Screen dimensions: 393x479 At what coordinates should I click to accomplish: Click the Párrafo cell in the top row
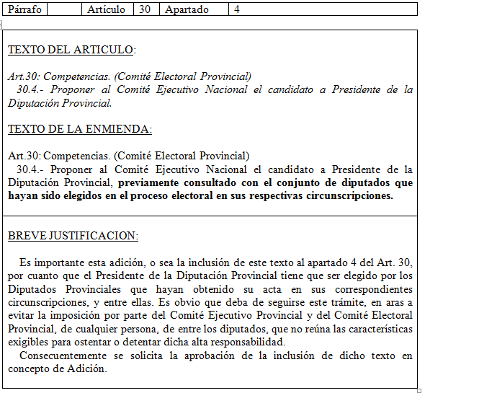[x=24, y=9]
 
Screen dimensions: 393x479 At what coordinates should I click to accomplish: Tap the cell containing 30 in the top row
[x=145, y=9]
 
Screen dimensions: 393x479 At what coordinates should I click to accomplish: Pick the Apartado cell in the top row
[x=187, y=9]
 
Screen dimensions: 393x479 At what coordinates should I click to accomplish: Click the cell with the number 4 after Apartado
[x=237, y=9]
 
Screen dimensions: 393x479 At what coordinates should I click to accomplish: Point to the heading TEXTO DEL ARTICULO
[x=71, y=50]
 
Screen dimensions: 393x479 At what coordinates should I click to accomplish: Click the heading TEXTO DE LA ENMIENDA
[x=79, y=129]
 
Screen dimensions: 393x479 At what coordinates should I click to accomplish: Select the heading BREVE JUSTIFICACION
[x=73, y=237]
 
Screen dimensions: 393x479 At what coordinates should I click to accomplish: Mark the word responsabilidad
[x=241, y=343]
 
